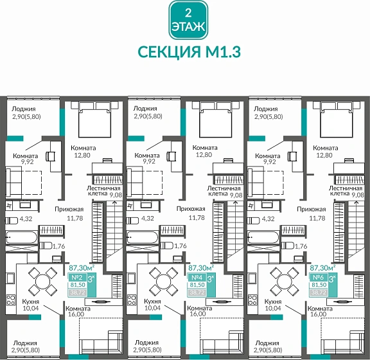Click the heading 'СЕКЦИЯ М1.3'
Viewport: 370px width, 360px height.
tap(188, 51)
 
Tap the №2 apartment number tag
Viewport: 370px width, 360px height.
tap(75, 278)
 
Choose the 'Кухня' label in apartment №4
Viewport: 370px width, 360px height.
tap(153, 301)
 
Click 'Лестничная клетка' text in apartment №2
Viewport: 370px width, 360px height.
tap(100, 190)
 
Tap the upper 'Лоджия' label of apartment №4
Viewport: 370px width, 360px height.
tap(145, 109)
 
